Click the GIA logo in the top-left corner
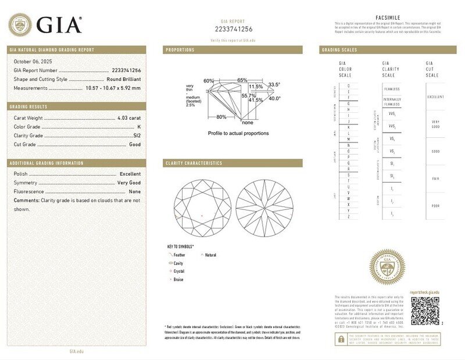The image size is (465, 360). click(45, 24)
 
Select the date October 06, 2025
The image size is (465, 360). click(34, 61)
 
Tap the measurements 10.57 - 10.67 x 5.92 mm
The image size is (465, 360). click(112, 88)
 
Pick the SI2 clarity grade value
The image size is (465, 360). click(137, 136)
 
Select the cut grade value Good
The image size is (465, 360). click(135, 144)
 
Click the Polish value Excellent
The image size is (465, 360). click(130, 174)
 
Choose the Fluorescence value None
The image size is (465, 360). click(135, 191)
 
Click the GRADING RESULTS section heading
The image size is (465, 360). click(29, 107)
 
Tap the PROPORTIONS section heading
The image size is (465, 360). click(180, 50)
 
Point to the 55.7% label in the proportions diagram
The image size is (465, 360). click(249, 95)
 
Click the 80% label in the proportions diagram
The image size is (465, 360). click(221, 117)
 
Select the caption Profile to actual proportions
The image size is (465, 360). click(238, 133)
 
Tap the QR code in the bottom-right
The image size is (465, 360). click(425, 311)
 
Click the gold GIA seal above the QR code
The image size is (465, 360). click(387, 268)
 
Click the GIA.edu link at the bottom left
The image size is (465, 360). click(77, 351)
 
